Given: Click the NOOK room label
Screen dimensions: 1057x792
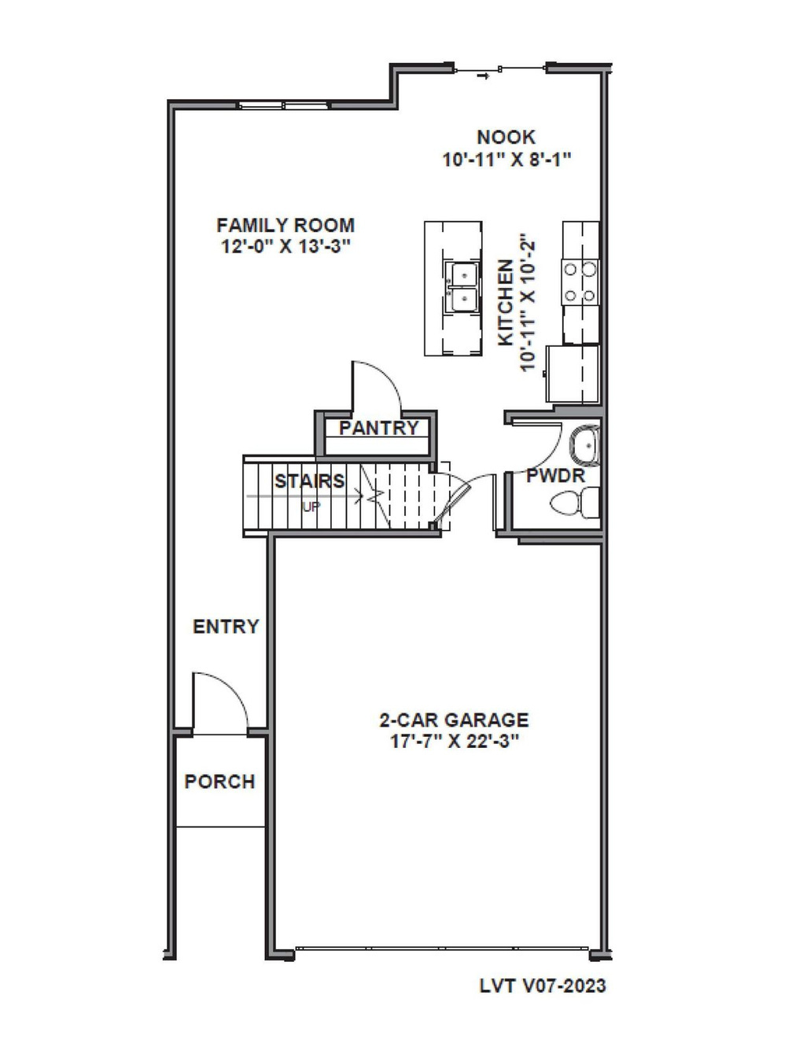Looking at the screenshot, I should coord(506,137).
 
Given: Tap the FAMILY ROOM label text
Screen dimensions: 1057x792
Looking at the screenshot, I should coord(285,225).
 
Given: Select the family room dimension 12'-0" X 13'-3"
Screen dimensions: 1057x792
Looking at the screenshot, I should coord(285,246).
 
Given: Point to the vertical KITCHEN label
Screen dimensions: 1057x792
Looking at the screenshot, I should coord(507,303).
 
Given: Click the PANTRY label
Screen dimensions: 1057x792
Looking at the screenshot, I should coord(378,428).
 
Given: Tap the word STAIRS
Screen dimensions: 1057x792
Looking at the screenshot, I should coord(309,481).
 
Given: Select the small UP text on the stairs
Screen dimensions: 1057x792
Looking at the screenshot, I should coord(311,507).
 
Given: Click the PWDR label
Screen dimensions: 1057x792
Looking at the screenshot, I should coord(555,476).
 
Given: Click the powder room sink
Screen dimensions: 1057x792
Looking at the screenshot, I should coord(585,445).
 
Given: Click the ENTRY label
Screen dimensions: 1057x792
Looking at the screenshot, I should coord(226,627).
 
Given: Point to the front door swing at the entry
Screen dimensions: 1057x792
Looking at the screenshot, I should coord(224,700).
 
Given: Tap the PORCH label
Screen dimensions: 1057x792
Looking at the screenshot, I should coord(219,782).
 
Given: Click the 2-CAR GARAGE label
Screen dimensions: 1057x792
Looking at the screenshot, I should coord(454,720).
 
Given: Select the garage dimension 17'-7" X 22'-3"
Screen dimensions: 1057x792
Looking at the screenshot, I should coord(454,741).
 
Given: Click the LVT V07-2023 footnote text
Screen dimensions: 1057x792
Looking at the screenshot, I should coord(543,985).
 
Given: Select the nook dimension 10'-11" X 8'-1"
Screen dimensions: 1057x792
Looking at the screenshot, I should coord(506,159).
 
